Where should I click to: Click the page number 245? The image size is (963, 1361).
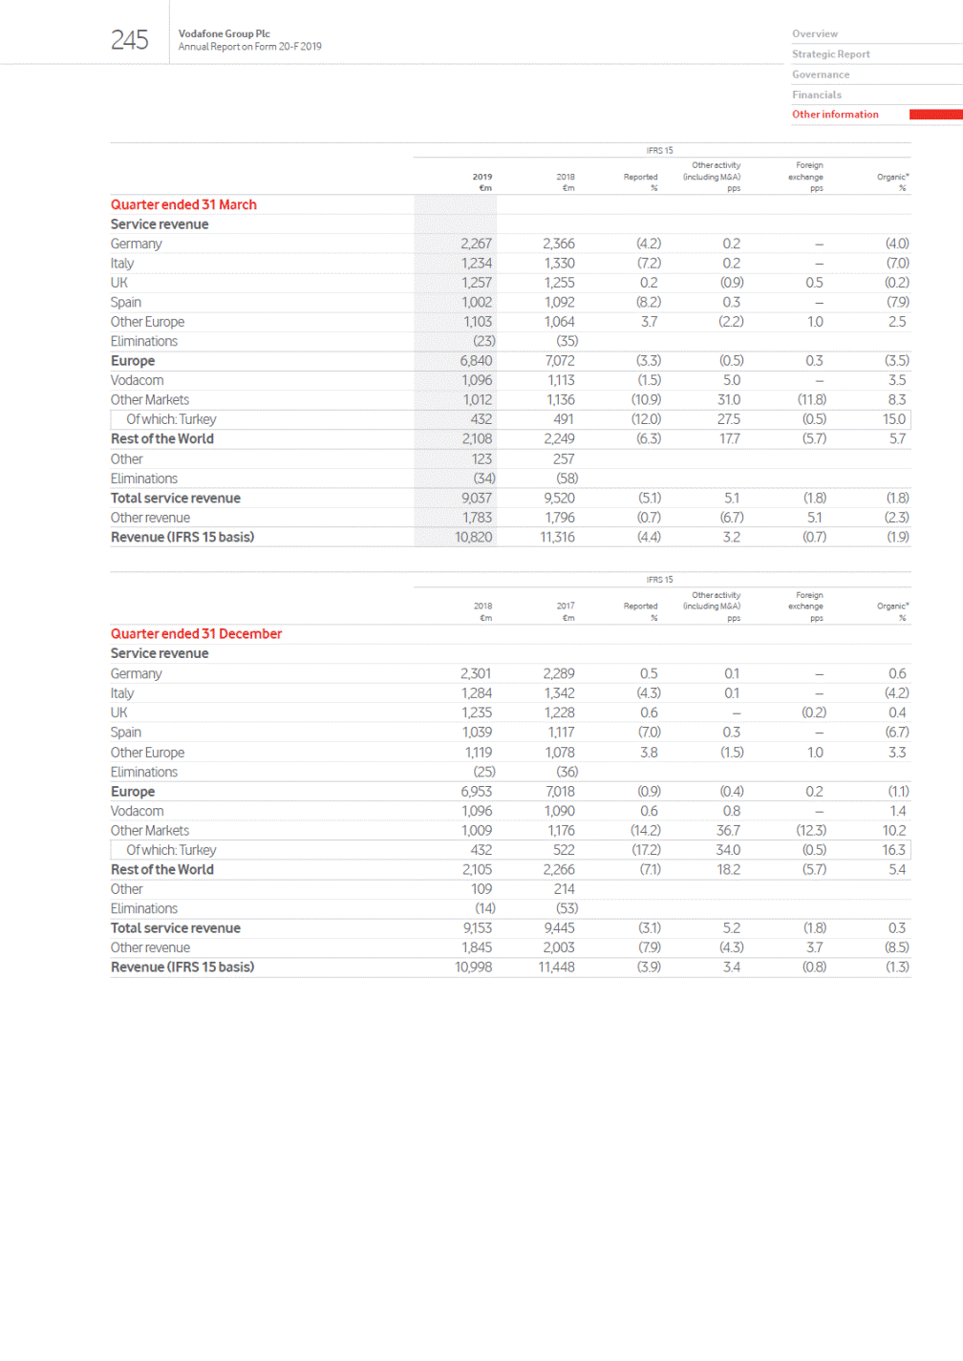(x=129, y=40)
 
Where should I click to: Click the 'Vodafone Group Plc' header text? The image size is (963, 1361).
(x=224, y=33)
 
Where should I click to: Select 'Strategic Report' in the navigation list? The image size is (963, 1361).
(x=830, y=54)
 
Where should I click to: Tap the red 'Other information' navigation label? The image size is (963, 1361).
(x=835, y=115)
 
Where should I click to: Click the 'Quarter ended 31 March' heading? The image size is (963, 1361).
(x=183, y=204)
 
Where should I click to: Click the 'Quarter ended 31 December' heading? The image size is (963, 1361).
(x=196, y=634)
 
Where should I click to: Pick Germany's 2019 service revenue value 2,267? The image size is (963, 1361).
(x=476, y=244)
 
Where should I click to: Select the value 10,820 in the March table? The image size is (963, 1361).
(x=473, y=537)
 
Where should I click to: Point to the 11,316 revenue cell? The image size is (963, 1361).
(x=557, y=537)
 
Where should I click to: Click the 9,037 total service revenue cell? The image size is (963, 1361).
(x=476, y=498)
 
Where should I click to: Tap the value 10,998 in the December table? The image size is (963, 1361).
(x=473, y=967)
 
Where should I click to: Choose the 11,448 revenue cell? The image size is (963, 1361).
(x=557, y=967)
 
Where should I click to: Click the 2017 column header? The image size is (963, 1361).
(x=566, y=606)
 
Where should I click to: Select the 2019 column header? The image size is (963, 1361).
(x=482, y=177)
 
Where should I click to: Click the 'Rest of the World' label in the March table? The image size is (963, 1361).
(x=162, y=439)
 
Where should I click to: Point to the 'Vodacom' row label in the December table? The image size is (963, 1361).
(x=137, y=811)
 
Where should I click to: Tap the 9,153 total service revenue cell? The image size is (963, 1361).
(x=476, y=927)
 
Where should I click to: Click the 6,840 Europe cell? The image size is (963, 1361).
(x=476, y=361)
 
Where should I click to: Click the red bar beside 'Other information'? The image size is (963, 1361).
(x=935, y=115)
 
